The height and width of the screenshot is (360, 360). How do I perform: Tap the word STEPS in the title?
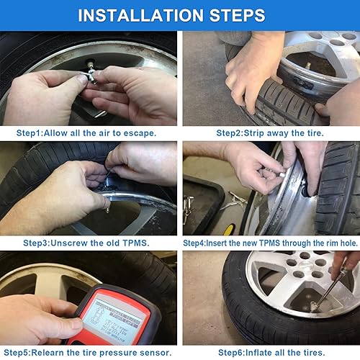coord(238,15)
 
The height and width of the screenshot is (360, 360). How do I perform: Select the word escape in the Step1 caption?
coord(136,133)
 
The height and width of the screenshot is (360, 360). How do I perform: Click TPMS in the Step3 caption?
coord(132,243)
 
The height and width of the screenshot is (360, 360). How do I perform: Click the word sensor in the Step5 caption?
coord(158,353)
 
